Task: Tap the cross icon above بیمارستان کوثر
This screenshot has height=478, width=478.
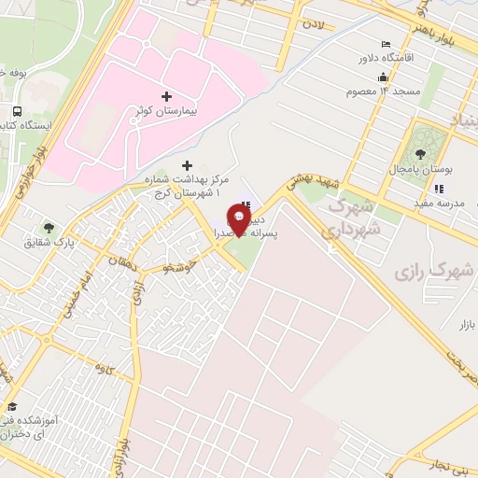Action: [167, 96]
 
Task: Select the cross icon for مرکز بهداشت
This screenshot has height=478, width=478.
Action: [189, 164]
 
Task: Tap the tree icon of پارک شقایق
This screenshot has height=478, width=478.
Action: [49, 227]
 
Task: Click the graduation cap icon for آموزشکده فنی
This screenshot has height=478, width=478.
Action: [12, 406]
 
